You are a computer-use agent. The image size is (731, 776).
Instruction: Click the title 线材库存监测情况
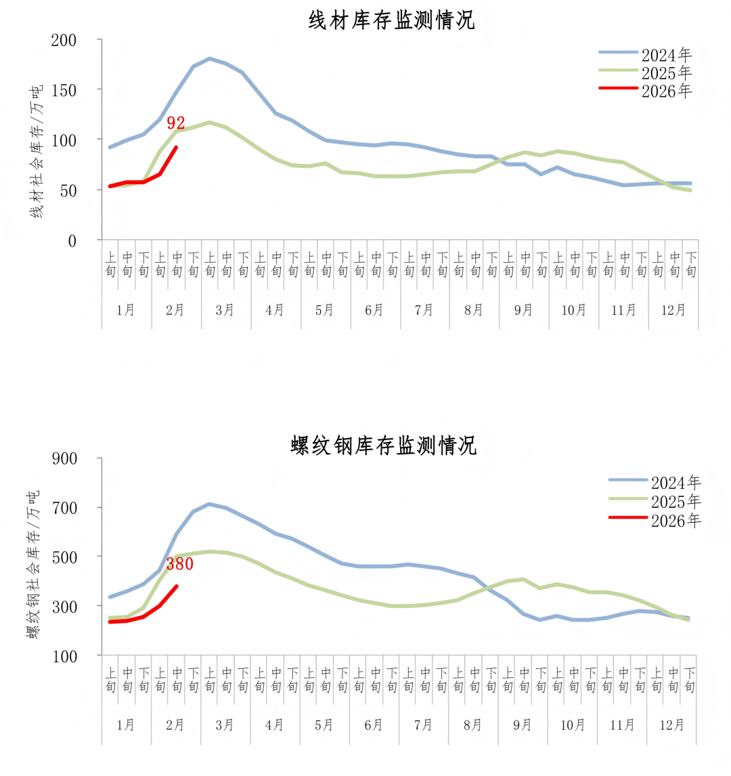tap(391, 20)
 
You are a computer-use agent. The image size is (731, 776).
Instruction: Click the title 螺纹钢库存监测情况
tap(384, 446)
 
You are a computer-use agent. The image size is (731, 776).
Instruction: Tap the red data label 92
tap(176, 123)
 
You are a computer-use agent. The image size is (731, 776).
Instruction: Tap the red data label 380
tap(180, 563)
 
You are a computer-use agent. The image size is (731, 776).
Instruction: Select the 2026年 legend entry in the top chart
tap(667, 91)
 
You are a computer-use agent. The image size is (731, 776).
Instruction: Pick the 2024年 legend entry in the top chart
tap(667, 54)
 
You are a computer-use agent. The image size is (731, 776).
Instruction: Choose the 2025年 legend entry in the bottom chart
tap(676, 502)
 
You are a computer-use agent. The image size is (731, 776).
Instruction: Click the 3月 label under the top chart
tap(225, 310)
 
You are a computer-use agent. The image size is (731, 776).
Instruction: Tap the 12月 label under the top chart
tap(673, 310)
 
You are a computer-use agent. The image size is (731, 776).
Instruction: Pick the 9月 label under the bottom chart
tap(523, 725)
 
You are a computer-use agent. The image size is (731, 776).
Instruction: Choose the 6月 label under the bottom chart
tap(374, 725)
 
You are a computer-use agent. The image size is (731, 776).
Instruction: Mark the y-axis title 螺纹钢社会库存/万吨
tap(33, 563)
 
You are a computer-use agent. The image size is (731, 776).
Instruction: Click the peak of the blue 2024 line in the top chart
tap(209, 59)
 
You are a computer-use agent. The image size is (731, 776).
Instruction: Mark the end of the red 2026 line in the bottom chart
tap(177, 586)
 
